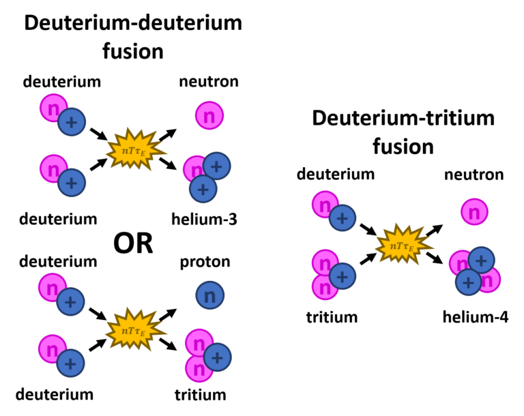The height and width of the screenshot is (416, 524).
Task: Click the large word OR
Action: click(x=133, y=243)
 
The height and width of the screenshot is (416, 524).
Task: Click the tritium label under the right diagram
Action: click(x=332, y=317)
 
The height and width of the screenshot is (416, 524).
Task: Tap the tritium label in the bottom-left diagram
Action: click(x=200, y=394)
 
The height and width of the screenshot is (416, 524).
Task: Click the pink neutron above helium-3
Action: click(x=209, y=116)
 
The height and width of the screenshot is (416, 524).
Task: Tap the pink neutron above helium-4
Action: click(x=473, y=212)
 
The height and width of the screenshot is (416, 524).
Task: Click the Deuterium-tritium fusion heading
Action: click(x=403, y=132)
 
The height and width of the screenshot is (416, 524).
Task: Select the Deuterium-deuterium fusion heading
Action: click(x=133, y=36)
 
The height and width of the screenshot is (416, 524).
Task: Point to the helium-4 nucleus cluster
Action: click(x=474, y=271)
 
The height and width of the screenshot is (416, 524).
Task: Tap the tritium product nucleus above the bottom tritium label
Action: click(x=205, y=354)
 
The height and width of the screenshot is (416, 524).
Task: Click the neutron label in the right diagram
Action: click(x=474, y=175)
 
